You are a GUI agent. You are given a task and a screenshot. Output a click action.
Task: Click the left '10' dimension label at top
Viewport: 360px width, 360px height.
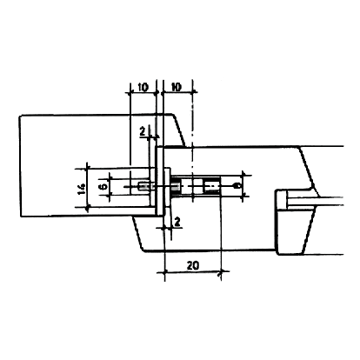[143, 87]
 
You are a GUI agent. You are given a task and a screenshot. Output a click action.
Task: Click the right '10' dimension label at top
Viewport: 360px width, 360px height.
[177, 87]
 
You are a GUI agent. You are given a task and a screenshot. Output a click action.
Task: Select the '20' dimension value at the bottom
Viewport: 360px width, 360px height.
[193, 265]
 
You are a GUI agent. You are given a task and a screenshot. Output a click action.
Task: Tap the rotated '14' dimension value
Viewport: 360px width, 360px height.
[82, 189]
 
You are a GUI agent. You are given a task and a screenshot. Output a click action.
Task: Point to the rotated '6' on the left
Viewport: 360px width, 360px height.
[103, 186]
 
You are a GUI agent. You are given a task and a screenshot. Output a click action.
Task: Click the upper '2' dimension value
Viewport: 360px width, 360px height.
[143, 132]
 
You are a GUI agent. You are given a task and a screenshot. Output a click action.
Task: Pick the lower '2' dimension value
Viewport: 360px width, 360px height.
[177, 223]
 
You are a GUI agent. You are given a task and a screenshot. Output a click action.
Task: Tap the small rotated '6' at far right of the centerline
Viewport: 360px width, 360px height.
[237, 185]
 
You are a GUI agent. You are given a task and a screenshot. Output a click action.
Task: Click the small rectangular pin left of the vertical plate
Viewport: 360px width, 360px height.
[144, 186]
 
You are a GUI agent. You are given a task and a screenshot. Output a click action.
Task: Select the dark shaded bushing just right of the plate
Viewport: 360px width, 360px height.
[175, 186]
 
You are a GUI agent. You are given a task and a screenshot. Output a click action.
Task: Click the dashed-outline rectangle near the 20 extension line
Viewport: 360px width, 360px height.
[211, 186]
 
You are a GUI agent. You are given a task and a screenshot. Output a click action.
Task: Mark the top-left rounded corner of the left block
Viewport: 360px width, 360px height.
[21, 117]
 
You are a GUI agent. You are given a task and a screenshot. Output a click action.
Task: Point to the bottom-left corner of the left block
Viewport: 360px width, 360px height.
[22, 216]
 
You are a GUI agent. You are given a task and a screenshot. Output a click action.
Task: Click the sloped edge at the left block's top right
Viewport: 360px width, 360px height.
[179, 130]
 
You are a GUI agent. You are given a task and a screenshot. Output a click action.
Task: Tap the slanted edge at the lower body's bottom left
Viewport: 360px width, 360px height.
[138, 233]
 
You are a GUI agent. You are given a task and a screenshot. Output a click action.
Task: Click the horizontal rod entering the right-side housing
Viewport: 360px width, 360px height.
[315, 202]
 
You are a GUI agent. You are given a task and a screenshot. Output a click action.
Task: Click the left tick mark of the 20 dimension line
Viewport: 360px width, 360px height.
[164, 272]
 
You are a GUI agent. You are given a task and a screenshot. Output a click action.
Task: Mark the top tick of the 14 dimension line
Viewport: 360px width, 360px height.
[87, 169]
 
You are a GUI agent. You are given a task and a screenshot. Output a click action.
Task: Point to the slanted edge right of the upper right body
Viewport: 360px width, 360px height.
[308, 169]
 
